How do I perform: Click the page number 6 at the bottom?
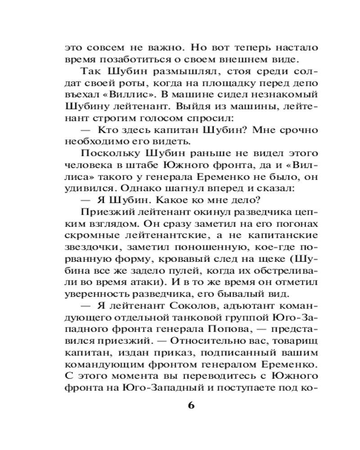coord(190,405)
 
